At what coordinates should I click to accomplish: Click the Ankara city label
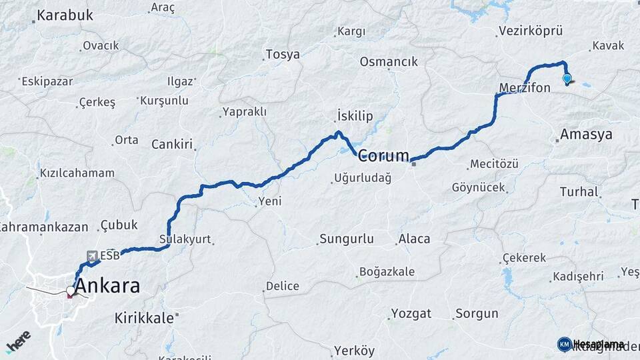[x=108, y=286]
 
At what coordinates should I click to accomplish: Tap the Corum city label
[x=383, y=156]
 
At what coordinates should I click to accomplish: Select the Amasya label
[x=586, y=134]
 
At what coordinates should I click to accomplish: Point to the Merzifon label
[x=525, y=87]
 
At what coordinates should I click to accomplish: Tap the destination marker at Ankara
[x=70, y=292]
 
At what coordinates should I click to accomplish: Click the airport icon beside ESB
[x=92, y=255]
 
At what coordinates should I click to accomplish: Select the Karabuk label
[x=65, y=15]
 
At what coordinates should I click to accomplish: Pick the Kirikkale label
[x=144, y=317]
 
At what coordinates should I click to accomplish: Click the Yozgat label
[x=411, y=313]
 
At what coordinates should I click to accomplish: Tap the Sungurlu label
[x=346, y=239]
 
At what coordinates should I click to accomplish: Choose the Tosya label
[x=283, y=55]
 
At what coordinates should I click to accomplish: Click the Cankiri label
[x=171, y=144]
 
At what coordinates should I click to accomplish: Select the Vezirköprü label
[x=530, y=31]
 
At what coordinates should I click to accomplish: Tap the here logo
[x=18, y=341]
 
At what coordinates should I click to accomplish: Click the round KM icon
[x=564, y=344]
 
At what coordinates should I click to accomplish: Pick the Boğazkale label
[x=387, y=271]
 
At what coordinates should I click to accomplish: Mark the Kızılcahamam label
[x=77, y=173]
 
